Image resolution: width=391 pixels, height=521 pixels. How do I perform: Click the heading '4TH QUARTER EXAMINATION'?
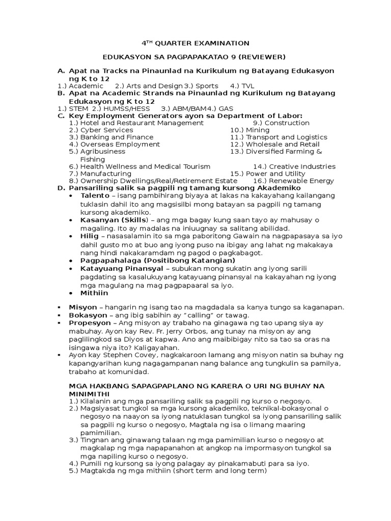[195, 43]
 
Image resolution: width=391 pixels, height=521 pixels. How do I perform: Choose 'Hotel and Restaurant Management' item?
[142, 123]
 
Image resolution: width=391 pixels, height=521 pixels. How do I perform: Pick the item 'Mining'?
[258, 130]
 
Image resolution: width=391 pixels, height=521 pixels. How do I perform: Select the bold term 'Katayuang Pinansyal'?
[122, 268]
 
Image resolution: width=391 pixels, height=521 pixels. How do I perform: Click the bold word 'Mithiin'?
[94, 293]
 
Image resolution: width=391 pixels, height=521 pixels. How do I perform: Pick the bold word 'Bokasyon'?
[87, 315]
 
